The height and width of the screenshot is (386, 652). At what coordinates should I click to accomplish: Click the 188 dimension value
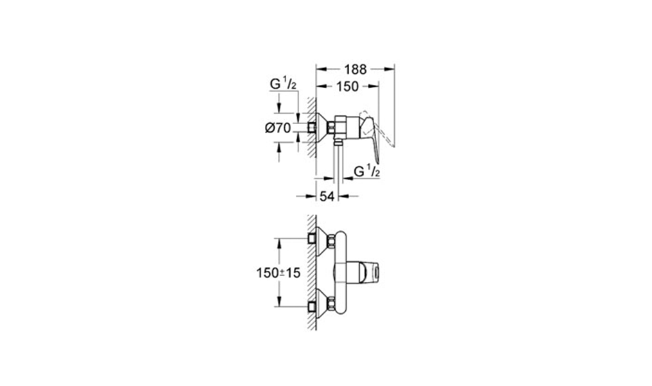(356, 69)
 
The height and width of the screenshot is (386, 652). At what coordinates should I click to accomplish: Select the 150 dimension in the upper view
(347, 86)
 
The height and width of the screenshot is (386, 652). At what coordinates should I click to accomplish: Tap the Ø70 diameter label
(278, 127)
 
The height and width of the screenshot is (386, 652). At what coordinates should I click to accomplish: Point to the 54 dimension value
(327, 196)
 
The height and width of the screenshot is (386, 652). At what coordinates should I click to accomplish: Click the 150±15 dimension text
(278, 273)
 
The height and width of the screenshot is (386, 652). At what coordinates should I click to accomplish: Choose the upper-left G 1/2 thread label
(283, 84)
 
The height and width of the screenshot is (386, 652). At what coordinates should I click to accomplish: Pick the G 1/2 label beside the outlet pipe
(367, 171)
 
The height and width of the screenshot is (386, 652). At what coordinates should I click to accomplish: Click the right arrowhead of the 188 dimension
(390, 69)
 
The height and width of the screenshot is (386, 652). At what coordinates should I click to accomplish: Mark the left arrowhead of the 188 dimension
(321, 69)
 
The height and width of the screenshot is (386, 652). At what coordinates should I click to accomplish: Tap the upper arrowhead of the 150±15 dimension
(278, 243)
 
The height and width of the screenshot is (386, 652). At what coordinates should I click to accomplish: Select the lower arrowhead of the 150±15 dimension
(278, 302)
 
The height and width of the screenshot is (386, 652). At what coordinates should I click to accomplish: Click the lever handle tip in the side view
(378, 161)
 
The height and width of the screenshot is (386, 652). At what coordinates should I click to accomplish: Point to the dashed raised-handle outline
(377, 129)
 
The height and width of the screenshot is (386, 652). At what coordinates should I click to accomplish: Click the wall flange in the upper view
(321, 127)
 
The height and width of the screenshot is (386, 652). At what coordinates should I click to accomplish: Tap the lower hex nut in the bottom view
(331, 304)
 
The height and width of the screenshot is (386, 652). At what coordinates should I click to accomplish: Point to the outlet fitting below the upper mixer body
(338, 143)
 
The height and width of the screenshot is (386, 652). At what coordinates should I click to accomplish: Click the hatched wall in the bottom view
(312, 272)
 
